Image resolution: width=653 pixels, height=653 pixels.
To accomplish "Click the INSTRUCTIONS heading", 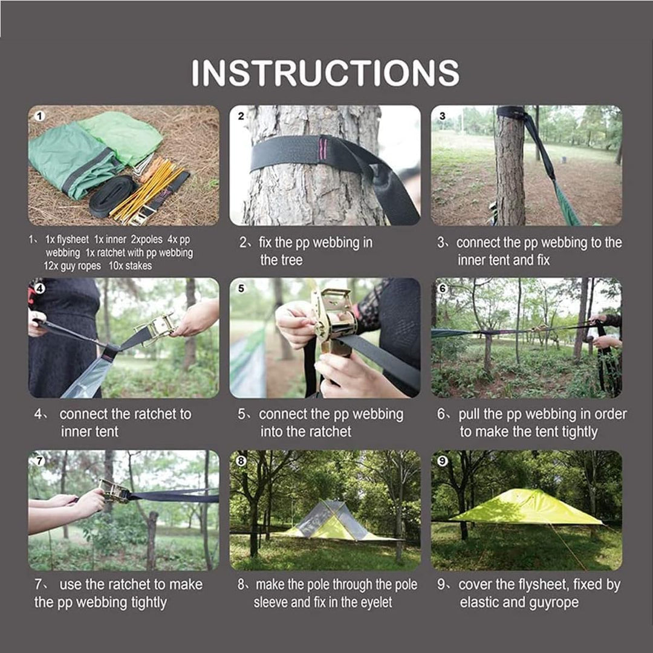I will point(325,73).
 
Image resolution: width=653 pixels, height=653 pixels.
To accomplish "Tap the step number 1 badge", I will point(39,115).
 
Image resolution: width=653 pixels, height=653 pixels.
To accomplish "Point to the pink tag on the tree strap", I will point(322,148).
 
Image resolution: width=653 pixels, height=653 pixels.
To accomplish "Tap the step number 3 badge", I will point(442,115).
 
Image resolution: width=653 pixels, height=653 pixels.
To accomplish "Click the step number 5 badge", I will point(241,288).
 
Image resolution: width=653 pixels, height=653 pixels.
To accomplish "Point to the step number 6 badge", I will point(442,288).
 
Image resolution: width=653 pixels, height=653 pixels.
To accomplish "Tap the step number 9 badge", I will point(442,461).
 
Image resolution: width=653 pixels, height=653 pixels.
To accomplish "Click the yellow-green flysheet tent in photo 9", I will point(526,507).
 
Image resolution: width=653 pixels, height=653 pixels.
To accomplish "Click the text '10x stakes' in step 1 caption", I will point(130,266).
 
